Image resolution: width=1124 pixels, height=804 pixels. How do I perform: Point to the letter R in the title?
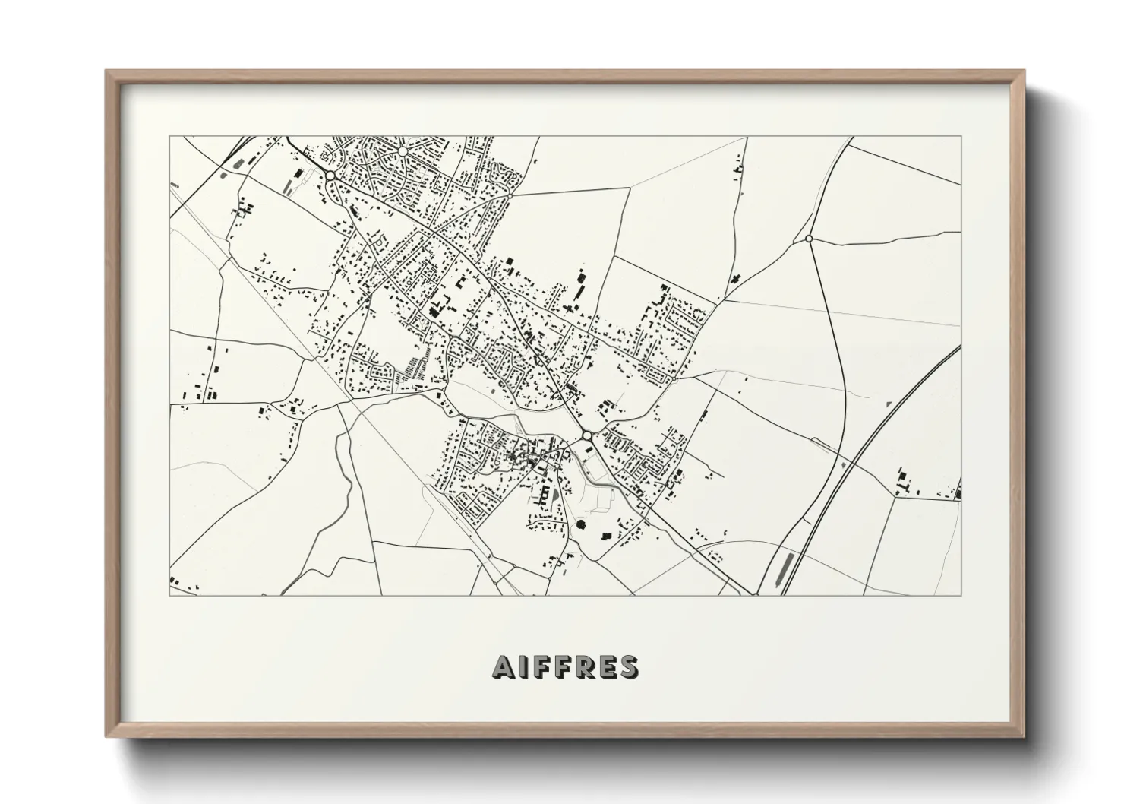click(586, 666)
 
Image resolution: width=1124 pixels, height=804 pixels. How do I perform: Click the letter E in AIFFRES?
click(608, 666)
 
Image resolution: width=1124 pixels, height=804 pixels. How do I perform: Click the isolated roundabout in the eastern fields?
click(809, 239)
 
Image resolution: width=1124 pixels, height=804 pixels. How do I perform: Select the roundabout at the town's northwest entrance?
click(332, 176)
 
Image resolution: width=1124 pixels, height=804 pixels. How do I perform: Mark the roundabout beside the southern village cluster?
click(587, 435)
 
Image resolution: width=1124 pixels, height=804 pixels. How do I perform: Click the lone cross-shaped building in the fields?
click(734, 279)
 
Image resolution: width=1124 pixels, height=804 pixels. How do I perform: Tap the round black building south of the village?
click(582, 524)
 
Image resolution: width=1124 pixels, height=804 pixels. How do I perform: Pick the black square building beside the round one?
click(606, 537)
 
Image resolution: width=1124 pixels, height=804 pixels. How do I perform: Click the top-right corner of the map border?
click(961, 137)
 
